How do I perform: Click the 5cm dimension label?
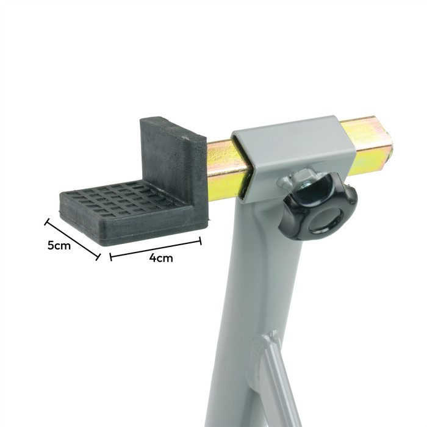click(x=59, y=246)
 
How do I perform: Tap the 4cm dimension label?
click(x=161, y=257)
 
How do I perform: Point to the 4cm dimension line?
click(x=156, y=248)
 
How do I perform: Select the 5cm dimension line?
click(x=72, y=239)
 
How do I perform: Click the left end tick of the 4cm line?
click(x=110, y=257)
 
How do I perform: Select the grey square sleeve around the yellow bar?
click(x=293, y=159)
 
